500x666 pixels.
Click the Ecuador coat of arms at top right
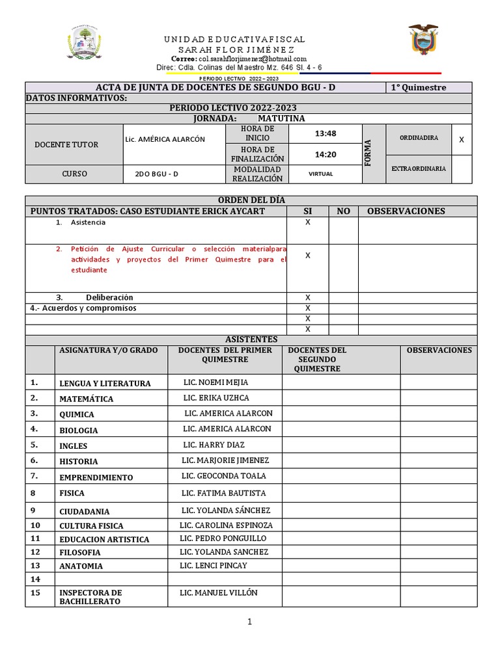click(423, 41)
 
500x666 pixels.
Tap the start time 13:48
click(324, 133)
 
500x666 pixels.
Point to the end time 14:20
click(324, 155)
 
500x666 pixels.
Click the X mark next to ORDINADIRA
click(461, 139)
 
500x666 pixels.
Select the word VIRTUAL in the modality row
click(320, 174)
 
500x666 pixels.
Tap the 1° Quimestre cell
click(418, 88)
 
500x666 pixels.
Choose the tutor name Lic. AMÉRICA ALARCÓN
click(165, 139)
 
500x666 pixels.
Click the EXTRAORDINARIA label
click(418, 168)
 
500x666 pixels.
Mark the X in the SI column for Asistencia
click(307, 222)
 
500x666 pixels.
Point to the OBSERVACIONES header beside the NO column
click(406, 211)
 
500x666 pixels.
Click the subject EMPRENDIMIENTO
click(96, 477)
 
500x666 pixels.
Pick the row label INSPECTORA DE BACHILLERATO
click(90, 597)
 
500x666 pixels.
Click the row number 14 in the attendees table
click(35, 579)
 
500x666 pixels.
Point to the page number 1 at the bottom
click(249, 622)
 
